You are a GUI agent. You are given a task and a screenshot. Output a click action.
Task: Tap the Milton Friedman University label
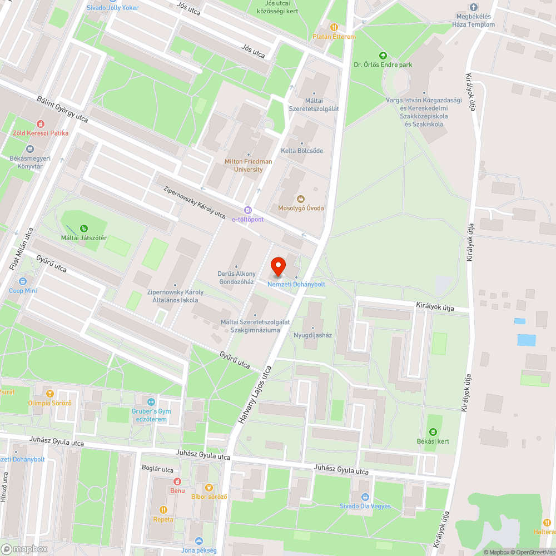click(x=249, y=165)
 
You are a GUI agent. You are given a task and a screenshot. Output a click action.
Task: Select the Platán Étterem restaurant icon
click(x=334, y=26)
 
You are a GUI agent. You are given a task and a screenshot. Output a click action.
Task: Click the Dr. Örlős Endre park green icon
click(x=383, y=55)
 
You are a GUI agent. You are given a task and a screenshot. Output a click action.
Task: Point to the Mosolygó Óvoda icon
click(x=301, y=198)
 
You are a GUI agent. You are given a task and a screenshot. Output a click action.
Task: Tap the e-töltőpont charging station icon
click(x=248, y=210)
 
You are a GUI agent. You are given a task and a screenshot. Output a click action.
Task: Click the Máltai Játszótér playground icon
click(x=83, y=228)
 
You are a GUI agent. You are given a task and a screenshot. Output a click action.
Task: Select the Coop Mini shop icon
click(x=23, y=281)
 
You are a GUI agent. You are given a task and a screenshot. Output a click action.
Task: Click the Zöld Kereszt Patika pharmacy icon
click(x=40, y=124)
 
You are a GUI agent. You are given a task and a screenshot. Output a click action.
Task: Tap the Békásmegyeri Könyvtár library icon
click(x=30, y=149)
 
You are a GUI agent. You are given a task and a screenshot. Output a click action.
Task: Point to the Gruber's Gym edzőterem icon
click(x=151, y=402)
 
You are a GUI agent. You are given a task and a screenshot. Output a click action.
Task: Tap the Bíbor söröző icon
click(x=209, y=487)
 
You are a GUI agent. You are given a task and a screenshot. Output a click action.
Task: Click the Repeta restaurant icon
click(x=163, y=510)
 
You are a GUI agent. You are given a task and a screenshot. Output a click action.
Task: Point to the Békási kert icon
click(x=433, y=432)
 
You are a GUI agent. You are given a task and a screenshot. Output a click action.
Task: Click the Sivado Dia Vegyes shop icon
click(x=365, y=497)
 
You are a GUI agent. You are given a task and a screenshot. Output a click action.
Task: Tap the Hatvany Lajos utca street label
click(x=255, y=395)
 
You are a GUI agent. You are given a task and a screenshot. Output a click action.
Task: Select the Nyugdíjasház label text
click(x=312, y=335)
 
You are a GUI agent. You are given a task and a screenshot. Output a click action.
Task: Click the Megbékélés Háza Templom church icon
click(x=473, y=7)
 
